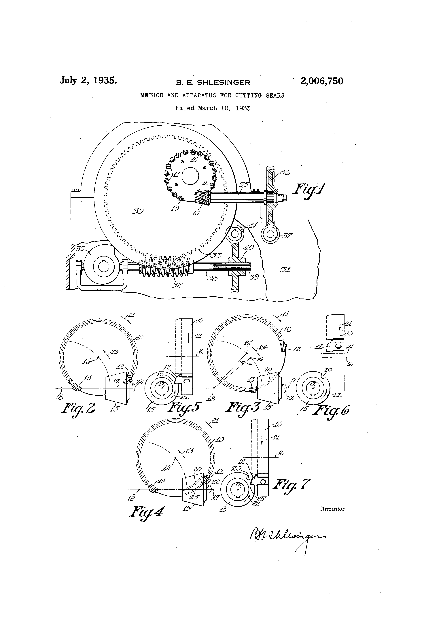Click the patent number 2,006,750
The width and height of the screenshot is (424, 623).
322,81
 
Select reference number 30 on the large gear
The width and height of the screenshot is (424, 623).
137,212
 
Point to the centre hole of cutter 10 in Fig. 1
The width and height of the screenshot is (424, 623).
190,176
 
